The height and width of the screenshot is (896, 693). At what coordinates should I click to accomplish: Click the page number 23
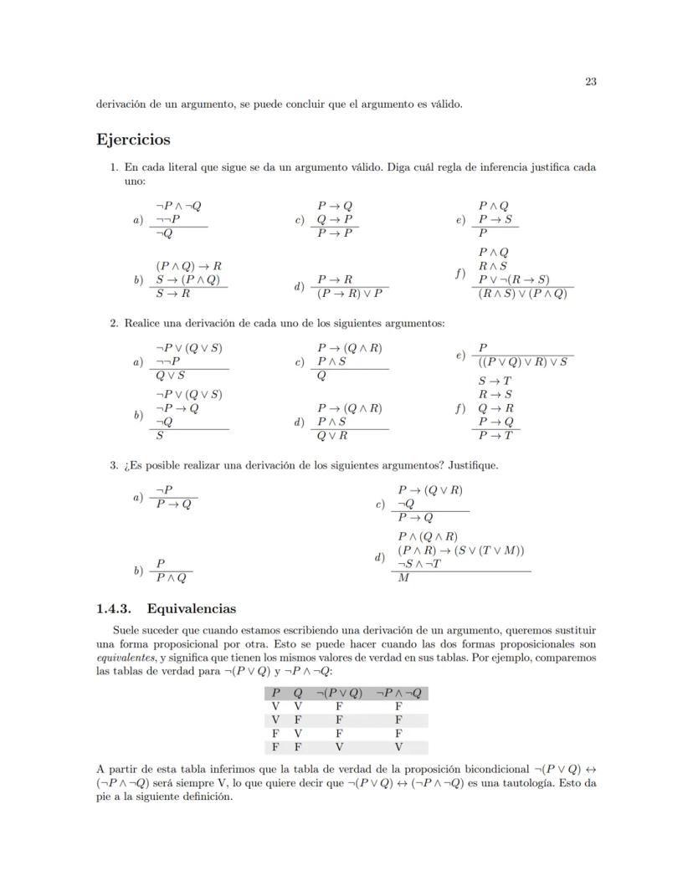coord(590,82)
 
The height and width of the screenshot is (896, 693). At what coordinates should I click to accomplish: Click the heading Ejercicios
coord(133,140)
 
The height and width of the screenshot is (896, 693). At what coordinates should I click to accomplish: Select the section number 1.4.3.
coord(120,609)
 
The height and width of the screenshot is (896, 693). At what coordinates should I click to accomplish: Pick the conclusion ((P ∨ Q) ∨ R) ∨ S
coord(523,361)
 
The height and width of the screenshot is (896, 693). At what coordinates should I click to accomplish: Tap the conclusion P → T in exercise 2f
coord(495,435)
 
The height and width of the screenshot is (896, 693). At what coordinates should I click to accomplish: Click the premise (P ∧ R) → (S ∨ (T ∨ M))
coord(461,550)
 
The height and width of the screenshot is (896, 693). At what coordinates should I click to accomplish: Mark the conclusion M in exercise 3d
coord(403,578)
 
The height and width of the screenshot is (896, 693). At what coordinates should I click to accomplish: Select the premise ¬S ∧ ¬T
coord(419,564)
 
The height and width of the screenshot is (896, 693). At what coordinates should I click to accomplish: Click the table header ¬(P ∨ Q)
coord(339,693)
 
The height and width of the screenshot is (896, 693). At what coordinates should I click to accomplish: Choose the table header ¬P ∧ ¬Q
coord(398,693)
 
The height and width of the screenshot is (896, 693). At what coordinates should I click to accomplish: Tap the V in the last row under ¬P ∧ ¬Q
coord(398,747)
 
